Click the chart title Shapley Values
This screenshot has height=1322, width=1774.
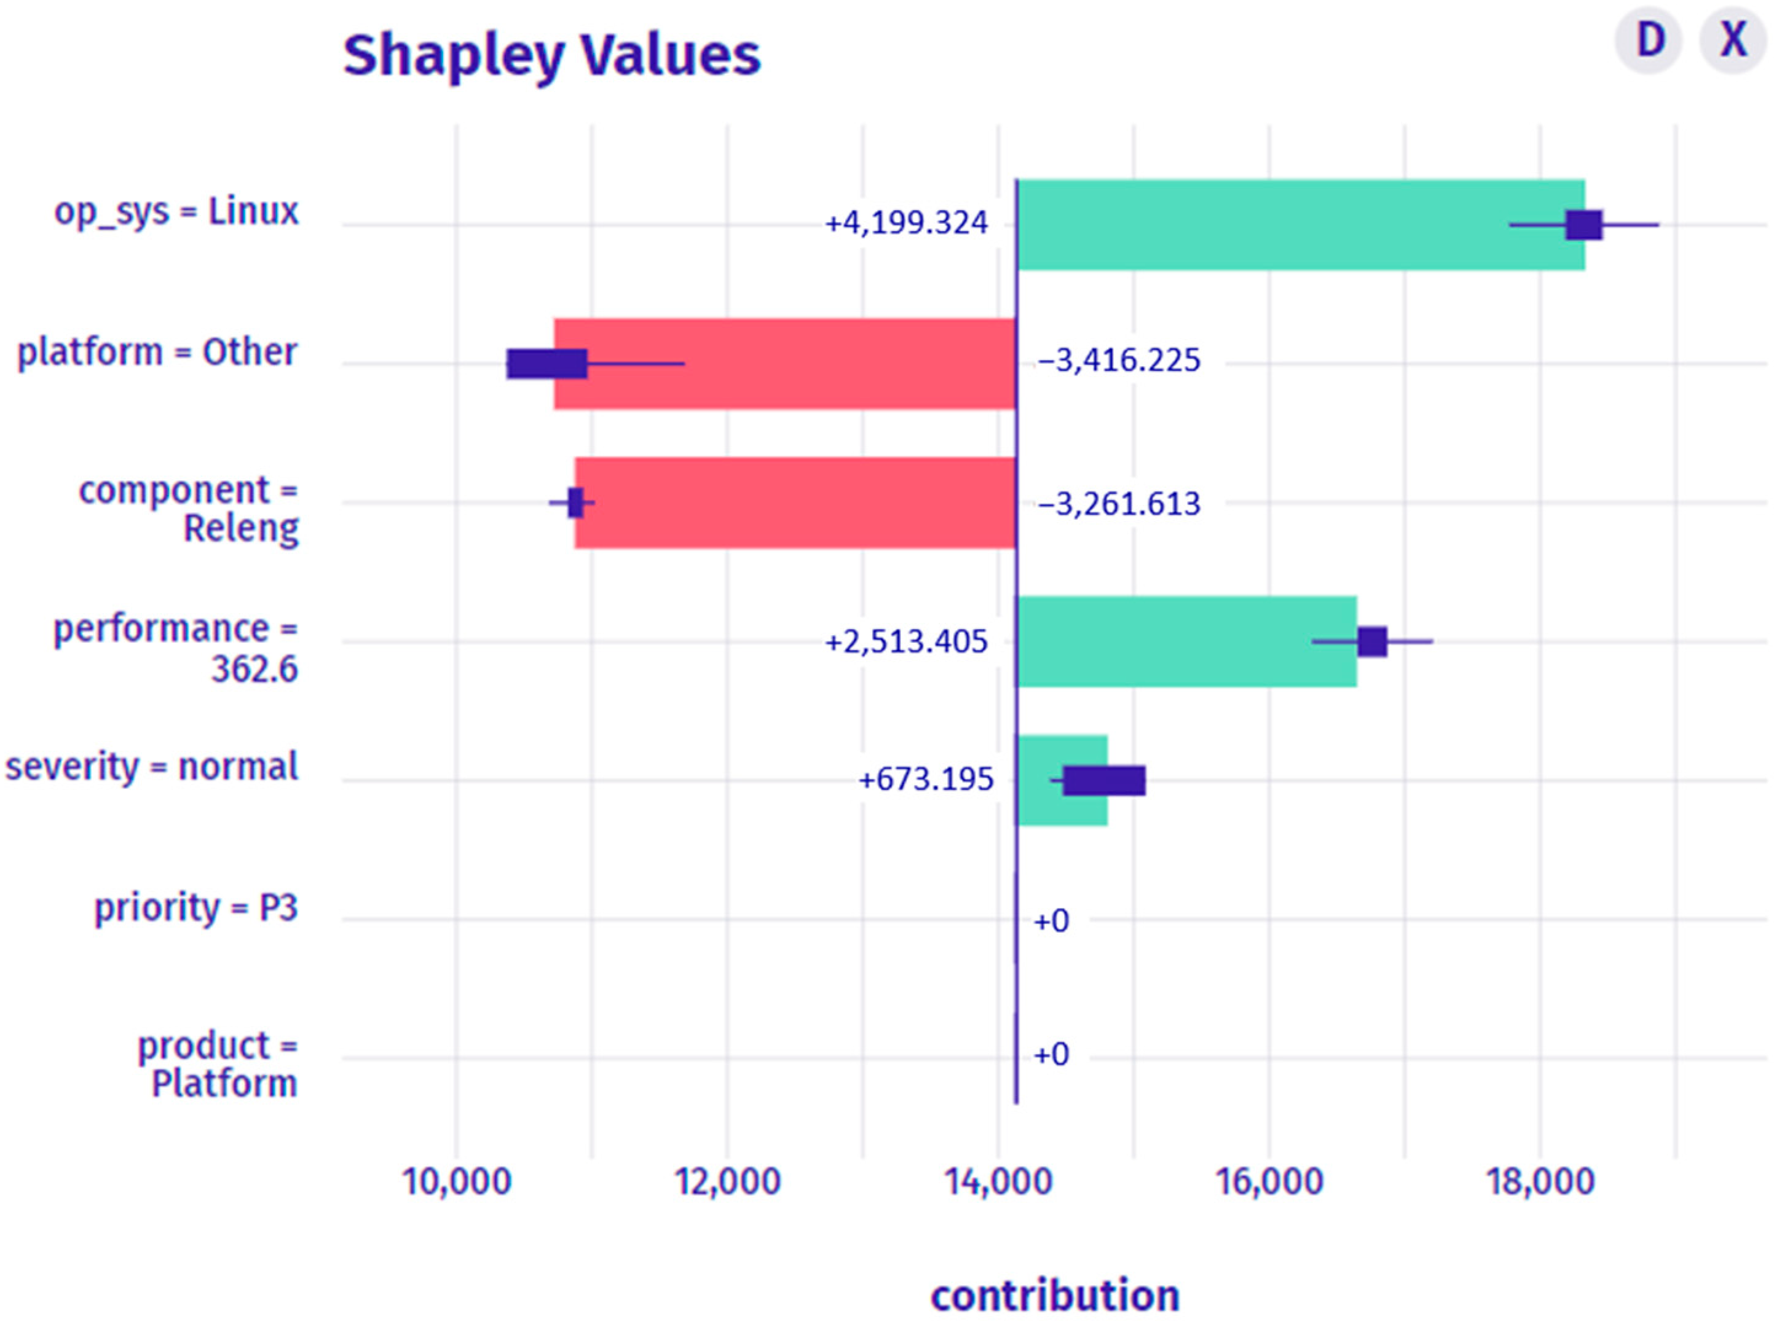click(x=551, y=56)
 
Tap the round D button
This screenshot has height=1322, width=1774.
click(x=1649, y=40)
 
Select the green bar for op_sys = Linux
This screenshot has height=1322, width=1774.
click(x=1281, y=225)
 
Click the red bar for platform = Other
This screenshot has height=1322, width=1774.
click(x=784, y=364)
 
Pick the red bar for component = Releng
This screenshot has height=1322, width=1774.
click(x=800, y=503)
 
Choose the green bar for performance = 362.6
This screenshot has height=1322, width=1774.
click(x=1185, y=642)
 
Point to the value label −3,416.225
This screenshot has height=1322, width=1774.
click(x=1119, y=362)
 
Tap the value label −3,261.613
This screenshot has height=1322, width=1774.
click(x=1119, y=504)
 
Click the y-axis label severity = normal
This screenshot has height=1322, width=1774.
click(x=152, y=767)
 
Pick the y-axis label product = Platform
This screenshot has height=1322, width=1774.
click(x=218, y=1065)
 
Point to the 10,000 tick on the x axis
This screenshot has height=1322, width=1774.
click(x=456, y=1182)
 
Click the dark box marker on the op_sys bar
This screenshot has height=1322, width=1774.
click(x=1583, y=225)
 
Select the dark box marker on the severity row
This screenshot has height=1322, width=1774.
click(x=1103, y=780)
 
